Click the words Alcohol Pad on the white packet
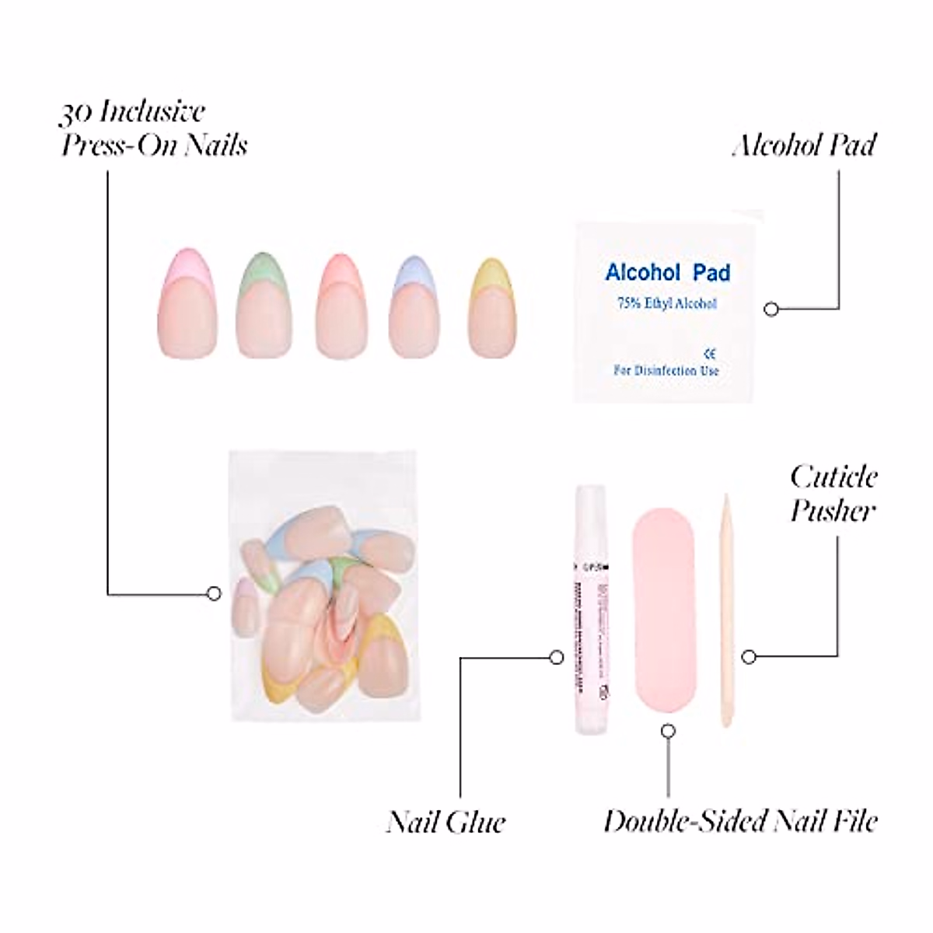668,273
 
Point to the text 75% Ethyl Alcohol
667,304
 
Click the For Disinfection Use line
666,371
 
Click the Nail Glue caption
446,822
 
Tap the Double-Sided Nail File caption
740,821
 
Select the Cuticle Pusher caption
833,493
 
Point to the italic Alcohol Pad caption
804,145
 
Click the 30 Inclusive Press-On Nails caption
153,128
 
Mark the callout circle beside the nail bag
214,594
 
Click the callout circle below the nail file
668,732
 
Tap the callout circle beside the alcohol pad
771,309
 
